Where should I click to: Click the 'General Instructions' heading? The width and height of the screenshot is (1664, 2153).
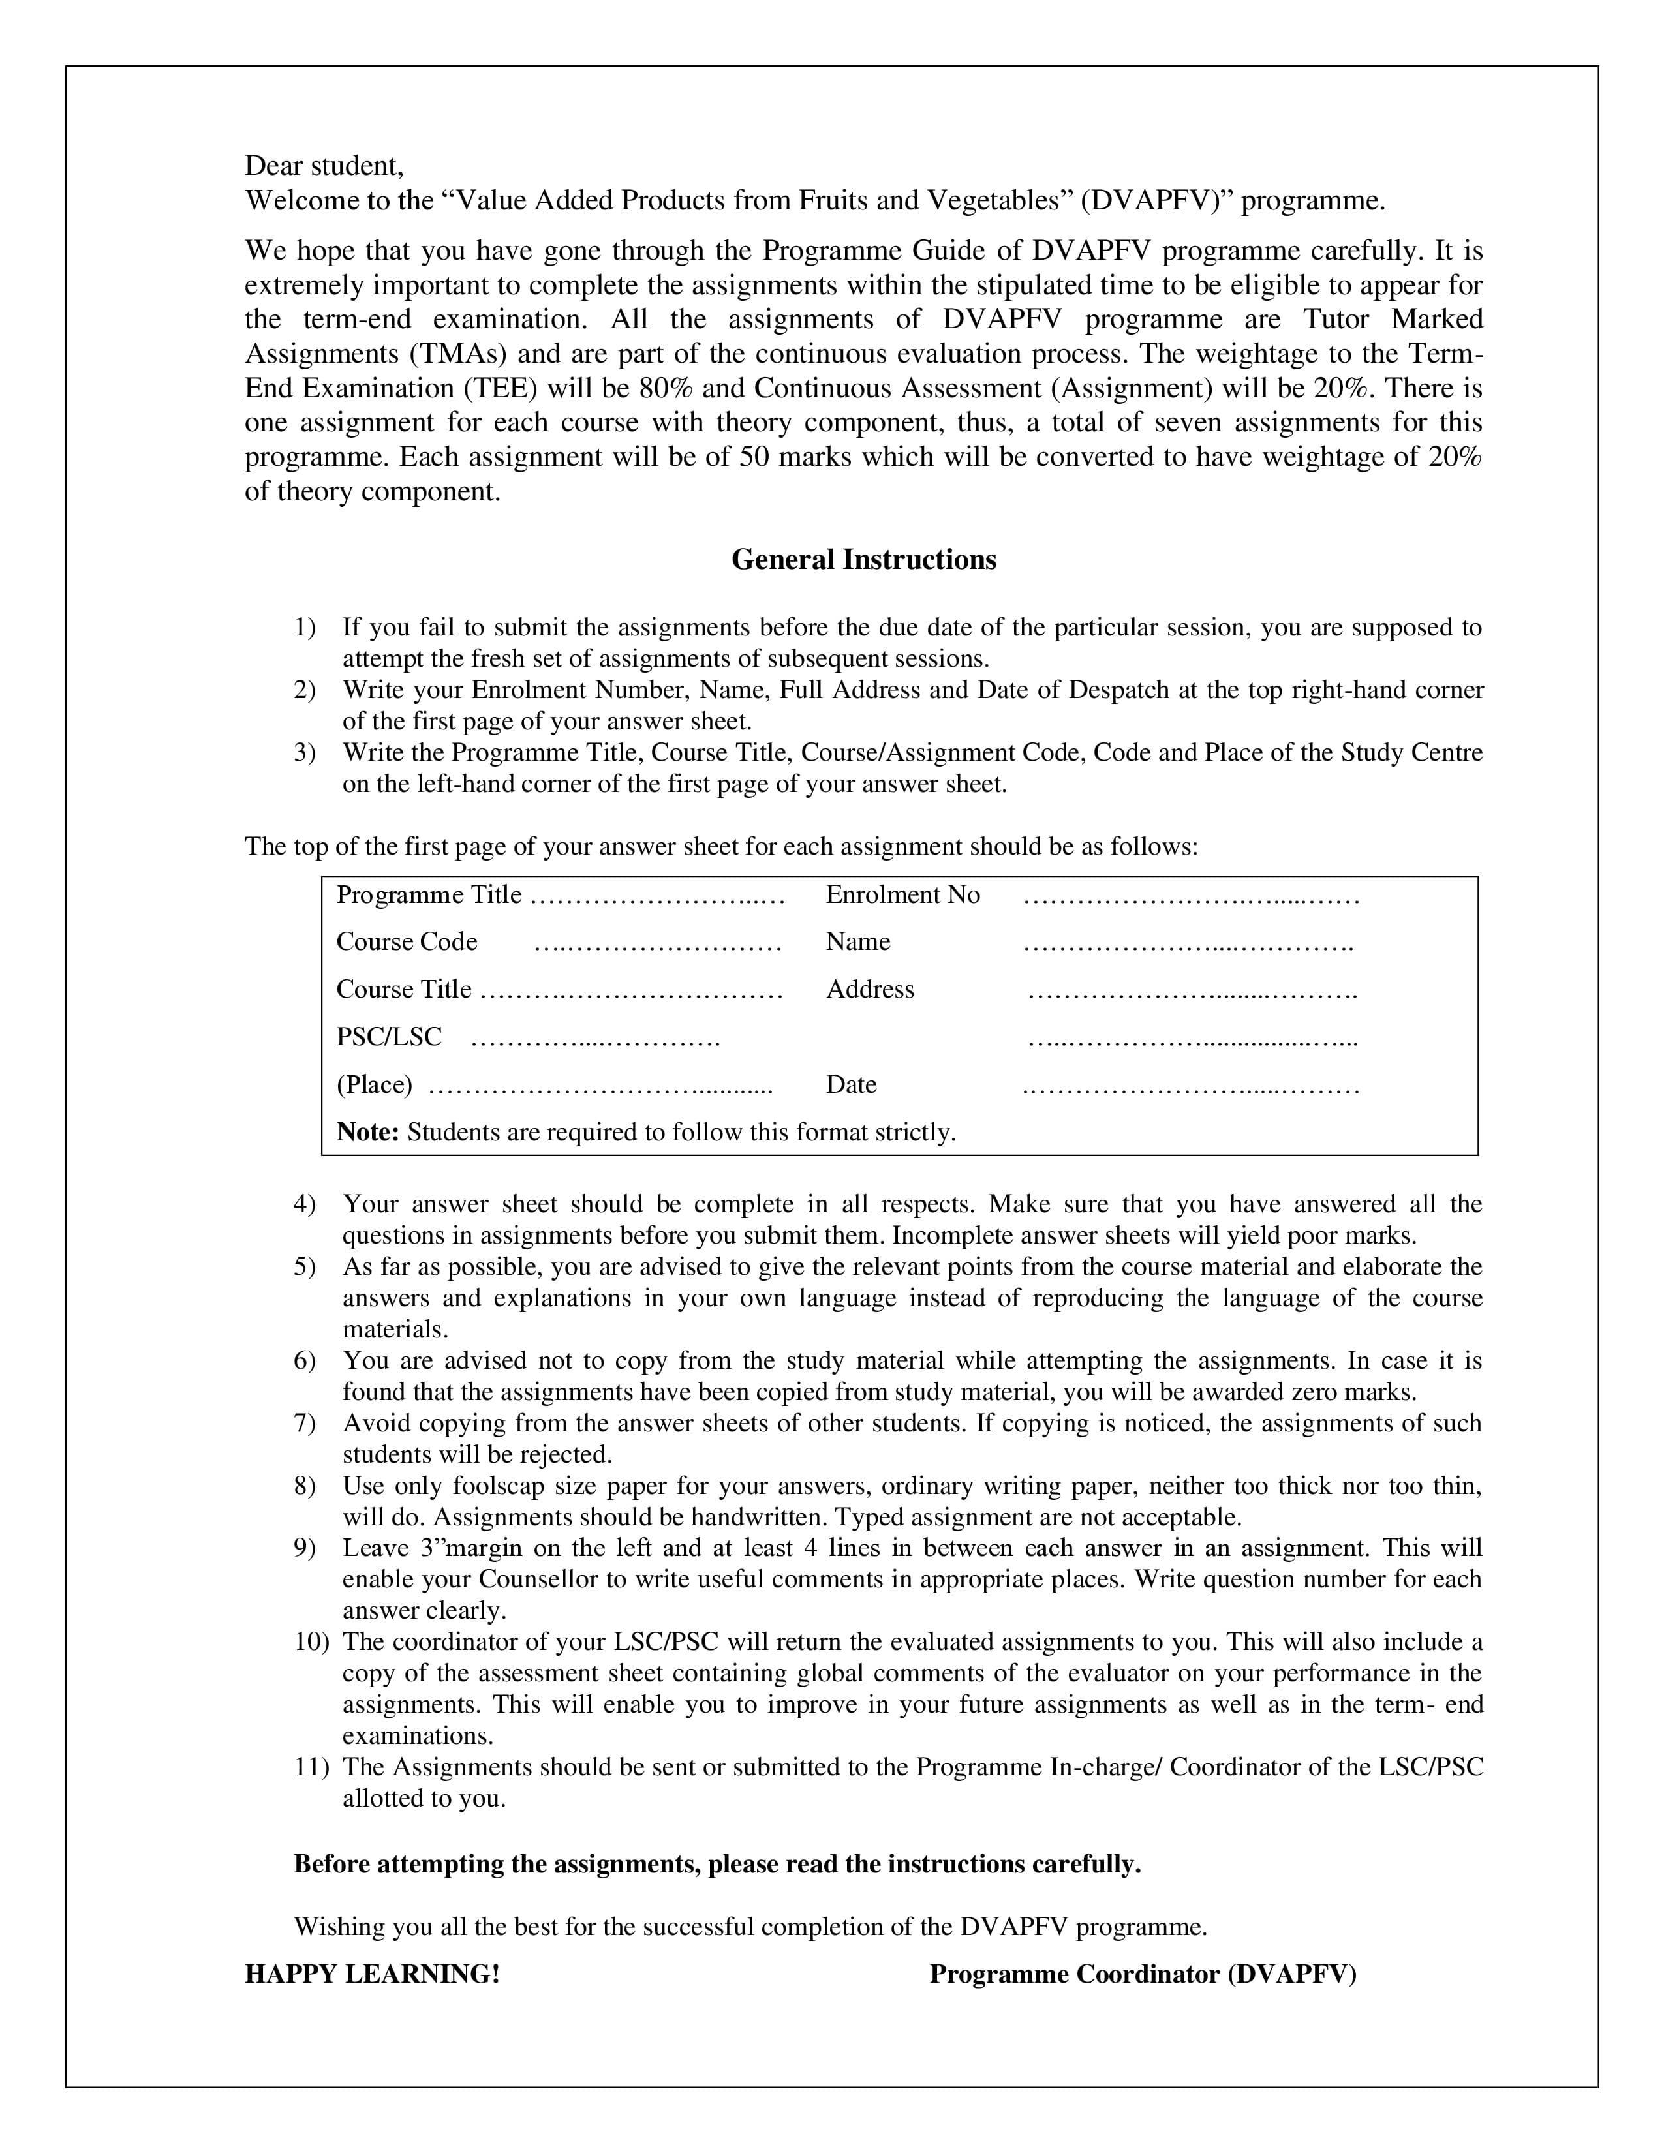[863, 560]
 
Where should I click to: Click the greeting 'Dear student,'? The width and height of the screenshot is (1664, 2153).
[324, 166]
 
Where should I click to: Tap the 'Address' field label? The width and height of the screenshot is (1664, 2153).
[869, 989]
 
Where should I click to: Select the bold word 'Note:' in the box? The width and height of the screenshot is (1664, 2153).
[367, 1132]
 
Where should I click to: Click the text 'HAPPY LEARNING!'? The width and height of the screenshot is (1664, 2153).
[372, 1975]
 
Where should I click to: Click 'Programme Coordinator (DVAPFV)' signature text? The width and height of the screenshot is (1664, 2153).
[1143, 1975]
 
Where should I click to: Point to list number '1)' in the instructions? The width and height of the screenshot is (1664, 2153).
[305, 627]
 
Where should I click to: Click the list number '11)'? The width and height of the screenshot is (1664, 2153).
[311, 1767]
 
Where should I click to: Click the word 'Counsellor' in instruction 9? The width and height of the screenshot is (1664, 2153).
[538, 1580]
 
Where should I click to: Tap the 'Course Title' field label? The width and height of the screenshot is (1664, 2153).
[404, 989]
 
